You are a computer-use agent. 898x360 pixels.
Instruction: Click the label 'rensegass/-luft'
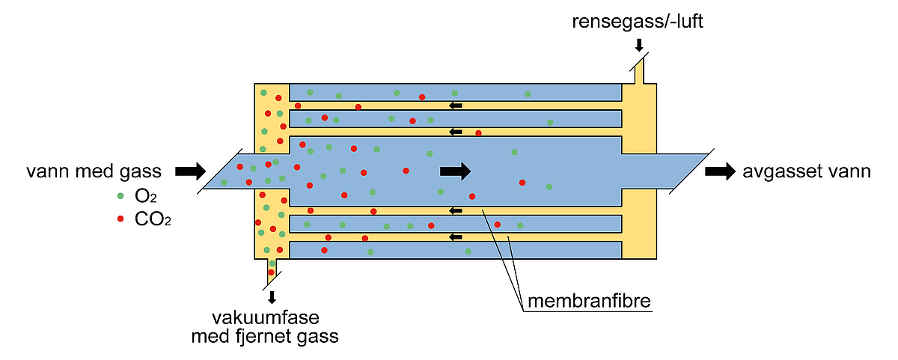[x=638, y=22]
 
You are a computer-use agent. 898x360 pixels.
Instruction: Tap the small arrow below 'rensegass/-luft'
[x=639, y=46]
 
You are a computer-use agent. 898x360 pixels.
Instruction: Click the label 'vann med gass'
[x=94, y=171]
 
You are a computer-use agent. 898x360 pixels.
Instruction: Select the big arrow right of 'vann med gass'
[x=190, y=171]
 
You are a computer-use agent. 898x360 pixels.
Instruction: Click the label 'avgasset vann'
[x=807, y=171]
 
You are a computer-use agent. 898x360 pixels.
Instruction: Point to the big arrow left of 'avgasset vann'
[x=721, y=171]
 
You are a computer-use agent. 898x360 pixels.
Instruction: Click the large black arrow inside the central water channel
[x=456, y=171]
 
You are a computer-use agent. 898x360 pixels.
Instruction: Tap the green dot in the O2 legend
[x=120, y=196]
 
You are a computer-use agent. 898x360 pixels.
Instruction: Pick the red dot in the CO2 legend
[x=120, y=219]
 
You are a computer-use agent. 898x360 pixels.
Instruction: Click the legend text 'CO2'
[x=153, y=219]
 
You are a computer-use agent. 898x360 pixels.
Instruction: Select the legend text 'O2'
[x=145, y=196]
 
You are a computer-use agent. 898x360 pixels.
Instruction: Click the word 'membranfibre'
[x=589, y=301]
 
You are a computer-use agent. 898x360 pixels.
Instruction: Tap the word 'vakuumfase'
[x=266, y=318]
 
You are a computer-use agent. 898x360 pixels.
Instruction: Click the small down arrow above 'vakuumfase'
[x=272, y=297]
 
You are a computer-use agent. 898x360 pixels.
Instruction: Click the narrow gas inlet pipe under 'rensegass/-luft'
[x=639, y=71]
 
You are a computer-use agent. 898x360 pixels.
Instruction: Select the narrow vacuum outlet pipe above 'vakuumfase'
[x=272, y=272]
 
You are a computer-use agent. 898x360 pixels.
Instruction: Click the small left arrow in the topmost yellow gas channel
[x=456, y=106]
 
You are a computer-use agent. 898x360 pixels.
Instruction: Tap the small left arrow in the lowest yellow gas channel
[x=456, y=237]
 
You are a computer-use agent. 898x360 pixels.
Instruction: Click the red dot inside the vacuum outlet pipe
[x=271, y=272]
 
